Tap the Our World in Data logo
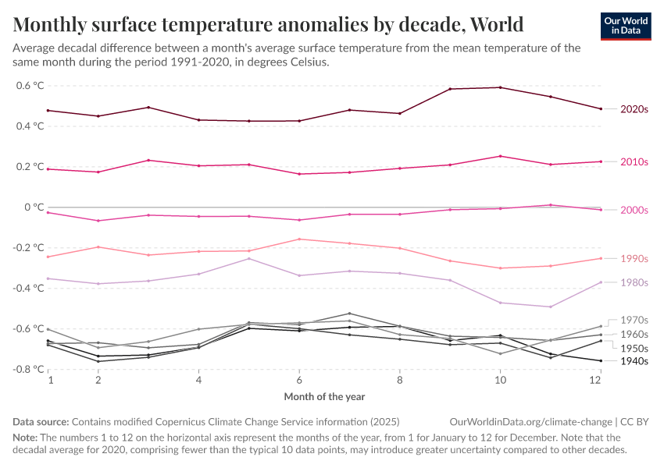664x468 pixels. pyautogui.click(x=626, y=26)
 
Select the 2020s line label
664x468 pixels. pyautogui.click(x=634, y=110)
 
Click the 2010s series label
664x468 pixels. pyautogui.click(x=634, y=162)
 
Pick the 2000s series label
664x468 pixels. pyautogui.click(x=634, y=211)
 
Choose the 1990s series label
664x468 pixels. pyautogui.click(x=634, y=259)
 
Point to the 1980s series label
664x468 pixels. pyautogui.click(x=634, y=282)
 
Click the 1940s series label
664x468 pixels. pyautogui.click(x=634, y=361)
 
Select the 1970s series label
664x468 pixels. pyautogui.click(x=634, y=320)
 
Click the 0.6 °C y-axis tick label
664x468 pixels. pyautogui.click(x=29, y=86)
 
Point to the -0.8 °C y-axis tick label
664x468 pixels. pyautogui.click(x=27, y=370)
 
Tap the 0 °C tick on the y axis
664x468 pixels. pyautogui.click(x=34, y=207)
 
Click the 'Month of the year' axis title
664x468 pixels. pyautogui.click(x=324, y=397)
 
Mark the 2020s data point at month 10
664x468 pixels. pyautogui.click(x=500, y=87)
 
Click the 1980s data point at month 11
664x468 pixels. pyautogui.click(x=551, y=307)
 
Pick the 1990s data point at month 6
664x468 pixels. pyautogui.click(x=299, y=239)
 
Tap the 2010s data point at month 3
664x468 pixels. pyautogui.click(x=148, y=160)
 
